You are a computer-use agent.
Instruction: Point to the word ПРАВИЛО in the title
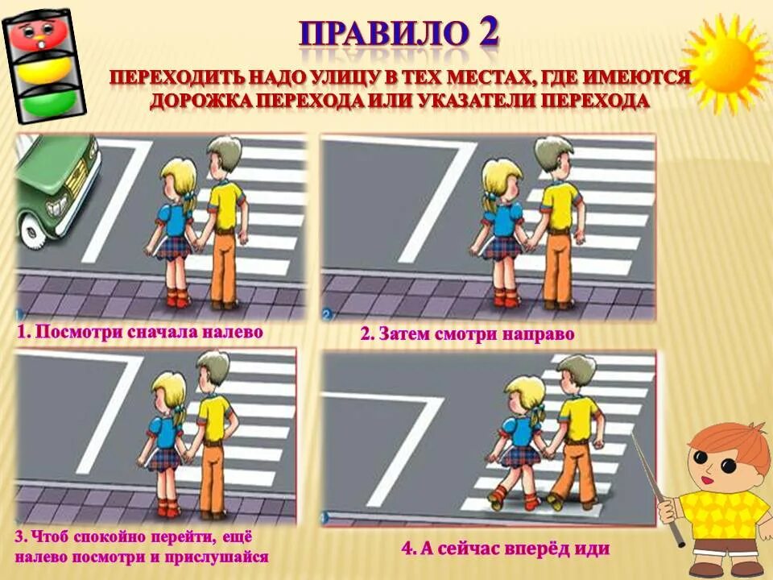click(384, 34)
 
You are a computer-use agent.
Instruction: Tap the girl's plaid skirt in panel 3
click(166, 458)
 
